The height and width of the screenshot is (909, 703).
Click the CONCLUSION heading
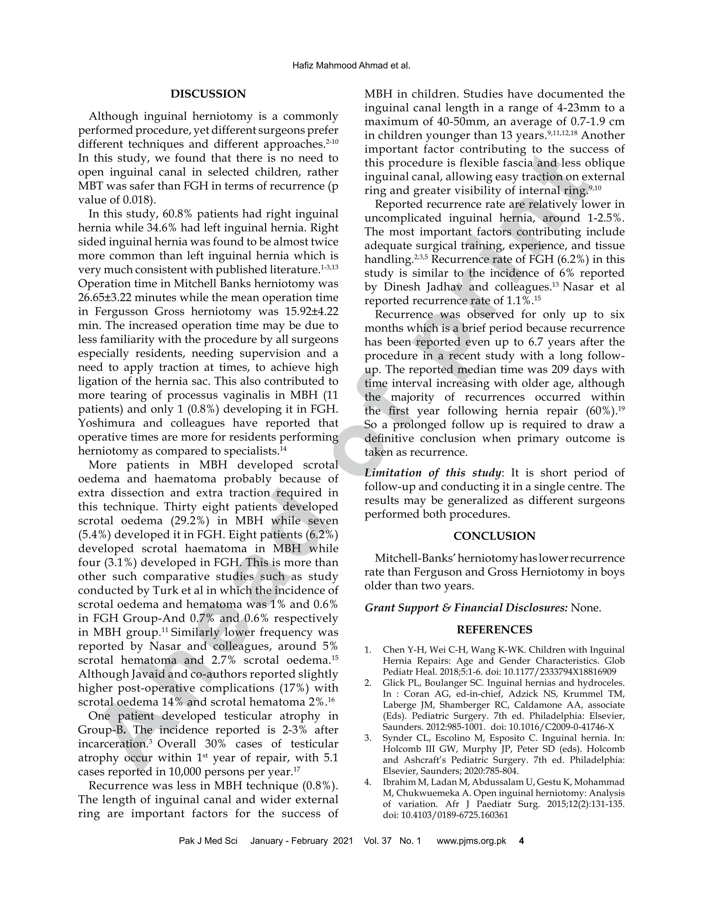(494, 536)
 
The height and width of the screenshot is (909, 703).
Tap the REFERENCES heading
(494, 630)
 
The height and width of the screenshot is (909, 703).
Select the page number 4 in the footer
(521, 841)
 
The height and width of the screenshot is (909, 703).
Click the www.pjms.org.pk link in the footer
(471, 841)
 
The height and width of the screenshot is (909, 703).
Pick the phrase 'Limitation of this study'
(433, 473)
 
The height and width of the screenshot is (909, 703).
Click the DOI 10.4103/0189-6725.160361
(455, 815)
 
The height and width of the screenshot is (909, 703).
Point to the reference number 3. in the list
(367, 739)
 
